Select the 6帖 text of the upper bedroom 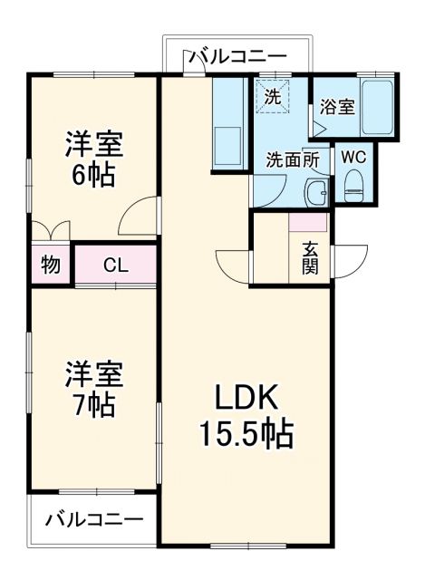92,175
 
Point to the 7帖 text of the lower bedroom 92,405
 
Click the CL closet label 115,266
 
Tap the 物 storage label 51,266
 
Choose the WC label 353,156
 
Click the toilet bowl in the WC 353,188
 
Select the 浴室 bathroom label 336,106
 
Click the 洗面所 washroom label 292,159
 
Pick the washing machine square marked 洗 271,95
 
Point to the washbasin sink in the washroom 315,191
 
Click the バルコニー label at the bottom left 93,521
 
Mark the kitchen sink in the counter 227,146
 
